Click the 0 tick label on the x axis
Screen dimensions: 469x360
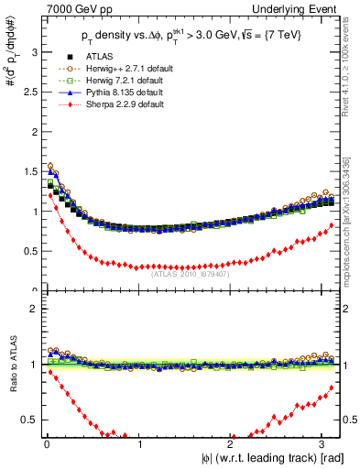[x=46, y=446]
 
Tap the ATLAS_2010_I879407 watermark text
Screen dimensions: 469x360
[x=191, y=272]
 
